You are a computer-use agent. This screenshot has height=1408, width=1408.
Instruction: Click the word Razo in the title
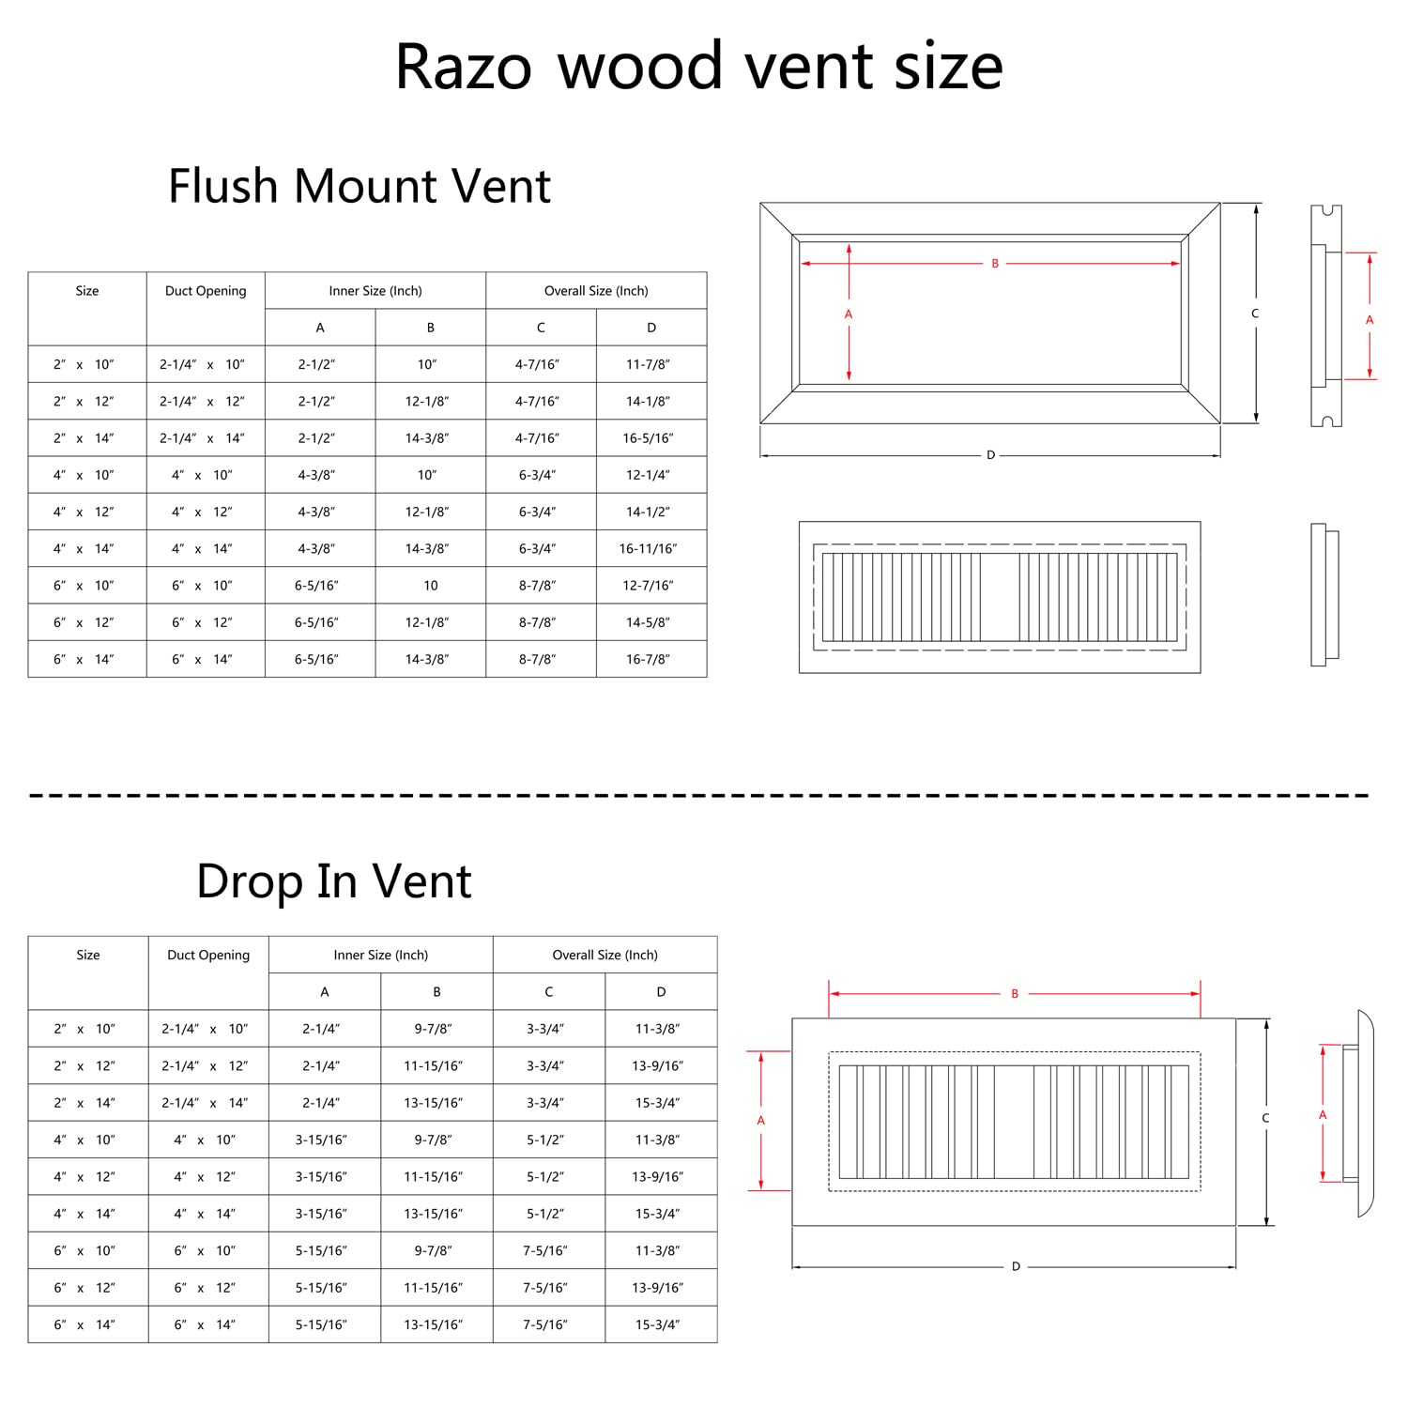click(x=463, y=67)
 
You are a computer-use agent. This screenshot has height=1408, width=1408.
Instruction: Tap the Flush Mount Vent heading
click(x=359, y=186)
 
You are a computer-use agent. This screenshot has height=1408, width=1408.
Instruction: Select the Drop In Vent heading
click(x=333, y=881)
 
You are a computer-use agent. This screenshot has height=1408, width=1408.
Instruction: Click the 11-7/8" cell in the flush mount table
click(x=648, y=364)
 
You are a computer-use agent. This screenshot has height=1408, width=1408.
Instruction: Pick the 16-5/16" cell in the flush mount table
click(x=648, y=438)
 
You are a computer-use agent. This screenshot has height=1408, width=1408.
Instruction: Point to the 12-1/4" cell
click(x=648, y=475)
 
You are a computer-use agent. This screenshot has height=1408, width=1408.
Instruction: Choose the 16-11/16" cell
click(x=648, y=549)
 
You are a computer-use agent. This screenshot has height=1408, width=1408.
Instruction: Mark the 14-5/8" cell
click(x=648, y=622)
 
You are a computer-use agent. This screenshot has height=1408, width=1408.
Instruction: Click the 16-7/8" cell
click(x=648, y=660)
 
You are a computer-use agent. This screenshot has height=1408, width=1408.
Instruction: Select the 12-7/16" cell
click(x=648, y=586)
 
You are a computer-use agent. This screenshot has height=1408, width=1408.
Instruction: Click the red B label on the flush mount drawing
click(x=995, y=264)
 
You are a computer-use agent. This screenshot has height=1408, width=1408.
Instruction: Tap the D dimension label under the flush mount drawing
click(x=990, y=455)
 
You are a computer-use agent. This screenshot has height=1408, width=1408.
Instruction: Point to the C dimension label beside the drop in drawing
click(x=1265, y=1118)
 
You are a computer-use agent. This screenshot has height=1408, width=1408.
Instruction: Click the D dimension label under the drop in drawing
click(x=1016, y=1267)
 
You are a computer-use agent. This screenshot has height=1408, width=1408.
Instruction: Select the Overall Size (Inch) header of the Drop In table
click(x=605, y=955)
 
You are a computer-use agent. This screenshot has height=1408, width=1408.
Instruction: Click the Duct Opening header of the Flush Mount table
click(x=206, y=291)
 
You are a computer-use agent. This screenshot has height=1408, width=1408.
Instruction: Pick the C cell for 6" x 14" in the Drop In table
click(x=545, y=1325)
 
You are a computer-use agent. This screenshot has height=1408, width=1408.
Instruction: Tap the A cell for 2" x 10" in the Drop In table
click(x=321, y=1029)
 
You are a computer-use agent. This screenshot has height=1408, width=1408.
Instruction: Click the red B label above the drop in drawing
click(x=1015, y=994)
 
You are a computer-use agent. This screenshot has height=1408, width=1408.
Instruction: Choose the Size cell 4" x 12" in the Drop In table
click(x=84, y=1177)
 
